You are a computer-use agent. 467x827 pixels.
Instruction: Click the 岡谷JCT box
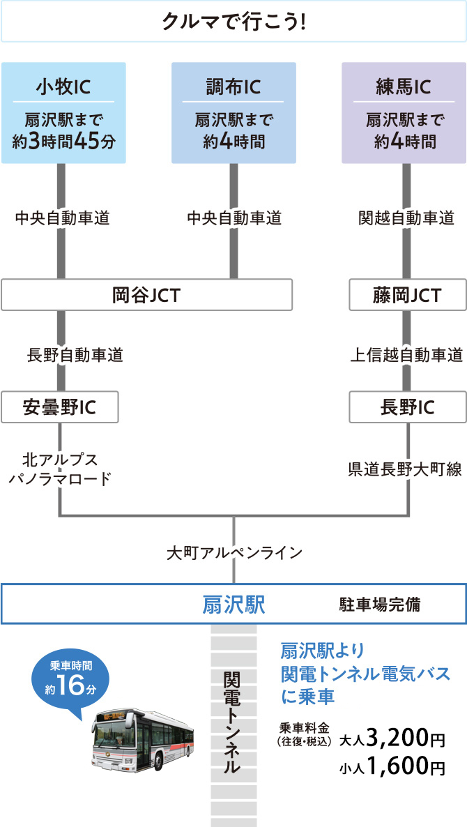146,296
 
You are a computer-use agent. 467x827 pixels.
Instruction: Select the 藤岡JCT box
408,296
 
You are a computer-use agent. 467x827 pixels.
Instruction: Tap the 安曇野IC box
59,408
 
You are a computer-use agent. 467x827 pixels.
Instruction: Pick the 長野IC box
408,408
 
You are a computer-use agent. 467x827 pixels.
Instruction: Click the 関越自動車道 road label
407,219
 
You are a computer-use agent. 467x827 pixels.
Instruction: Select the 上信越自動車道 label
406,355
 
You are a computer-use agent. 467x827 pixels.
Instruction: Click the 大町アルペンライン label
234,553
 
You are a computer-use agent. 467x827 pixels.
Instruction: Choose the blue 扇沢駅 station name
233,604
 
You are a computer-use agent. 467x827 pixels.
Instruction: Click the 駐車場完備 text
380,604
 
